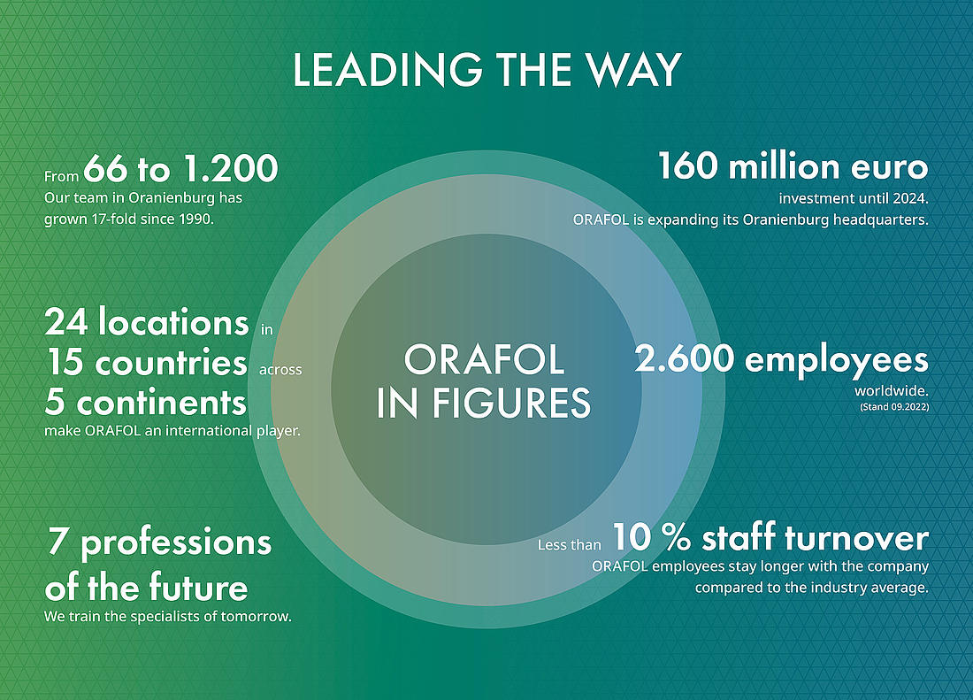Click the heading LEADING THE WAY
(486, 70)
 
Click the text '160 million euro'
(793, 166)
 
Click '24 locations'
(147, 323)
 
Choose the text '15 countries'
(146, 363)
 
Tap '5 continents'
(146, 402)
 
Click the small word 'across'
(280, 370)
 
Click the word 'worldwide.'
(892, 391)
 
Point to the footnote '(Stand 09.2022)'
(894, 408)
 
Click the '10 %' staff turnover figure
(652, 537)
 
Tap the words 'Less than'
(570, 545)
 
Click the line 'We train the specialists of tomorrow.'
(167, 617)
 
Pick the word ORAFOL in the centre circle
(484, 360)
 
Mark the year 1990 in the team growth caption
(195, 219)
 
